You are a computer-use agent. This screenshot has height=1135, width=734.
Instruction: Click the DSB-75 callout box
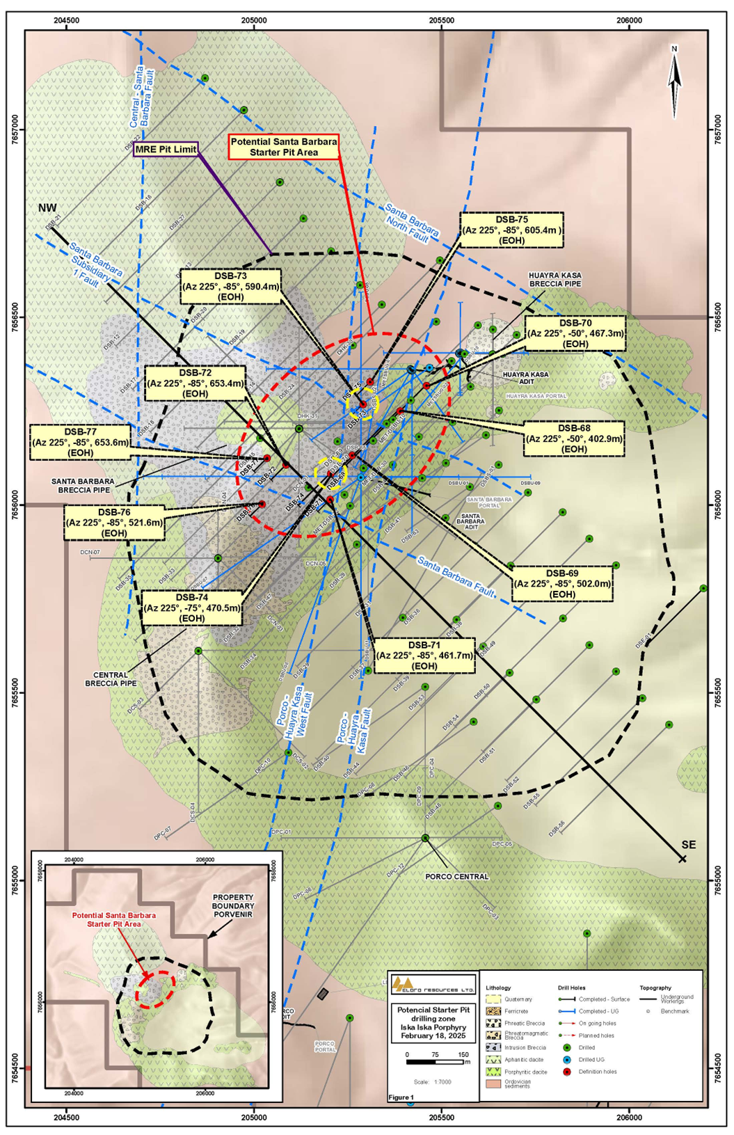[511, 230]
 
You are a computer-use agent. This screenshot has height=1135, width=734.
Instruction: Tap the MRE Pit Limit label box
[166, 149]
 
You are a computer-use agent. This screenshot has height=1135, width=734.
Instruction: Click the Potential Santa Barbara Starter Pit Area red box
[284, 147]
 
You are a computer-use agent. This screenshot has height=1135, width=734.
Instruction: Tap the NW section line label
[47, 208]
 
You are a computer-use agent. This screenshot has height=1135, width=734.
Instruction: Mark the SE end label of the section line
[688, 845]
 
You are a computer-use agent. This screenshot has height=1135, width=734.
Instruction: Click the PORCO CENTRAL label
[456, 877]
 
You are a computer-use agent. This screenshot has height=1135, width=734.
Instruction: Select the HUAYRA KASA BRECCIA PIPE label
[555, 280]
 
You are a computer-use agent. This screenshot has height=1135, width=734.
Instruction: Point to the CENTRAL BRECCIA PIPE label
[111, 679]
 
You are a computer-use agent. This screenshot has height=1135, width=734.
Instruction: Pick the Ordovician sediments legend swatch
[493, 1084]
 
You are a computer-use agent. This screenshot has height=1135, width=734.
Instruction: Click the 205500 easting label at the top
[442, 20]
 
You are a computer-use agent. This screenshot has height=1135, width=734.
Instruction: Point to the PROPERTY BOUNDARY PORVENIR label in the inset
[233, 906]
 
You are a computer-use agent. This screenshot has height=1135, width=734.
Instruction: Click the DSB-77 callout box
[81, 442]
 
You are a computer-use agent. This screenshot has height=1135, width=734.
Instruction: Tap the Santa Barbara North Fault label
[412, 224]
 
